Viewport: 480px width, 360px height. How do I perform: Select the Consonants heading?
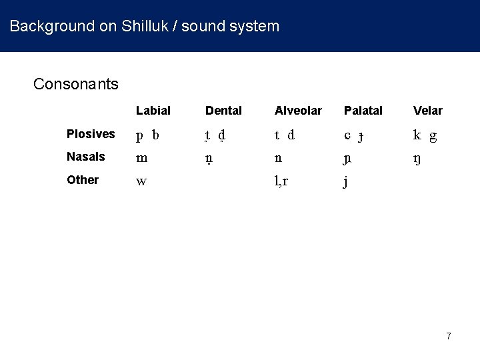tap(76, 84)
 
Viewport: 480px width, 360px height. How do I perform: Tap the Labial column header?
tap(153, 111)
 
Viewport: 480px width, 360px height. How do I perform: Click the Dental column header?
tap(223, 111)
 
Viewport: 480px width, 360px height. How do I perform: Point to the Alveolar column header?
tap(298, 111)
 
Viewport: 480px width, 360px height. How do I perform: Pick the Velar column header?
tap(427, 111)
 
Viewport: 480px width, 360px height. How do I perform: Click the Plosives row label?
tap(91, 134)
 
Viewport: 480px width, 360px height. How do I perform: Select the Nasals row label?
tap(86, 157)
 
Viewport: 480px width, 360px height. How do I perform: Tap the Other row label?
tap(83, 180)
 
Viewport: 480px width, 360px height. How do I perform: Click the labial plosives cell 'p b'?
tap(147, 135)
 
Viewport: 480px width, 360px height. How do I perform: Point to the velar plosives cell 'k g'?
tap(425, 135)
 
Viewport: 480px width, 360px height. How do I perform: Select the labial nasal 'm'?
tap(141, 158)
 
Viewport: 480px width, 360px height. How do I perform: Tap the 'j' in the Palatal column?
tap(346, 182)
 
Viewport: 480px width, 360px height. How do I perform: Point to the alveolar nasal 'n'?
tap(278, 158)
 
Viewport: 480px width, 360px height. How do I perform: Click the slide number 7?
tap(449, 336)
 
